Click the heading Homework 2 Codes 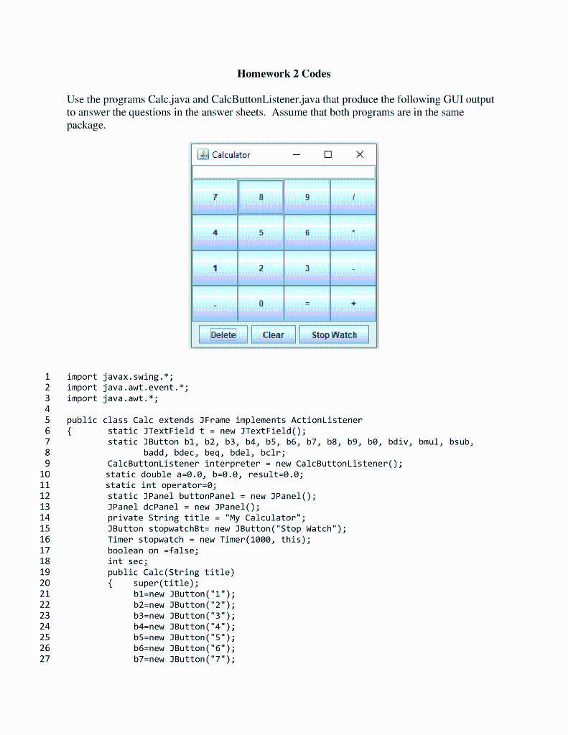point(284,74)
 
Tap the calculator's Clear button point(273,335)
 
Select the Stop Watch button point(334,335)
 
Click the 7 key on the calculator point(215,197)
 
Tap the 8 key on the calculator point(261,197)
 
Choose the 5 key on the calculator point(261,233)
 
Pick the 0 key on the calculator point(261,304)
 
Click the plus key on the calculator point(353,304)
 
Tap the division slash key point(353,197)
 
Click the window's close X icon point(360,154)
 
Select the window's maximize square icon point(328,154)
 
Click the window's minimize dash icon point(297,154)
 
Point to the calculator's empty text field point(284,172)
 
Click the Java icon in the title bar point(202,154)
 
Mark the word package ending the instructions point(85,125)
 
